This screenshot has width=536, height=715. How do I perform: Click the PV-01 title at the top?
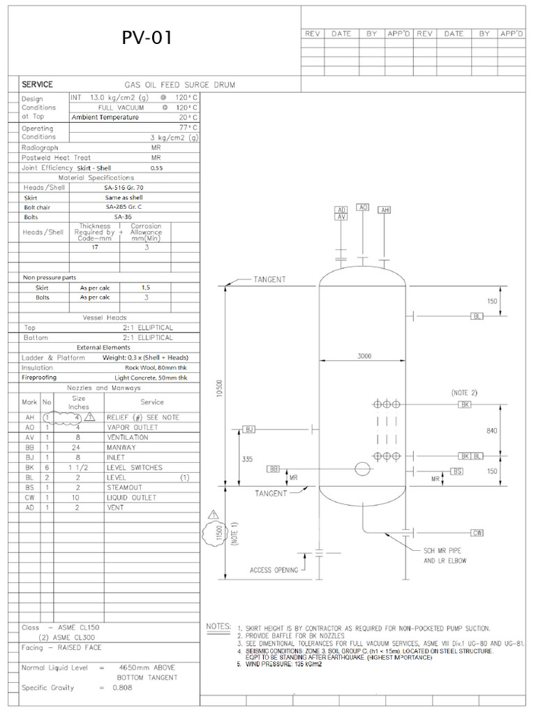(147, 38)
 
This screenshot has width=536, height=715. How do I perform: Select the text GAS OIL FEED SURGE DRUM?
(179, 84)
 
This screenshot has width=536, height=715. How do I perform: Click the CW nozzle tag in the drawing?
(477, 533)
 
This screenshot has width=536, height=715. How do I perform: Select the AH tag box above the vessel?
(384, 209)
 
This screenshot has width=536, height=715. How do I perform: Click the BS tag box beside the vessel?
(458, 471)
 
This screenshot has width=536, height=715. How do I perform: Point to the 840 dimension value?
(491, 431)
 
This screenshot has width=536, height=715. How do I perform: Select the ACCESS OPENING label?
(274, 570)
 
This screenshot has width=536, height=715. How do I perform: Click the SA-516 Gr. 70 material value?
(124, 187)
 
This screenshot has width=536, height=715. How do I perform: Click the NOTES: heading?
(218, 626)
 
